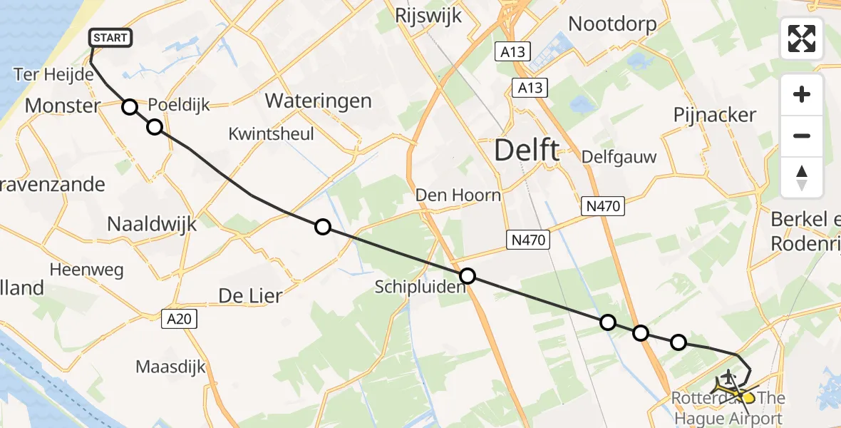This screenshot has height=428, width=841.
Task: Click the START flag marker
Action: (110, 38)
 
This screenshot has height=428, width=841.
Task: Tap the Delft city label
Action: (527, 151)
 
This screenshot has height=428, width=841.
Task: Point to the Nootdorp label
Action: (612, 24)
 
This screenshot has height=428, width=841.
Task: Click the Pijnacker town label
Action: (715, 115)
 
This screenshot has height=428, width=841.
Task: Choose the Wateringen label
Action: (318, 101)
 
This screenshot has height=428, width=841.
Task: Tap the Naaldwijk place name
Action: (151, 223)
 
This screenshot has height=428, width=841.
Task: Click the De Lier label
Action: (251, 295)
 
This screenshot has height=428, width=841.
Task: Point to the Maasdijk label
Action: (171, 367)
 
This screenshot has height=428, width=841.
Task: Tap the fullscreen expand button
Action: (802, 39)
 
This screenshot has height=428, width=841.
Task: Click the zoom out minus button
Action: (802, 136)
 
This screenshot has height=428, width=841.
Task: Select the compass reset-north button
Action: (802, 178)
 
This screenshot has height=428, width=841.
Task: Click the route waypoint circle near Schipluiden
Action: (467, 276)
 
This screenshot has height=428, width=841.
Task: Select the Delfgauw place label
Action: (609, 156)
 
